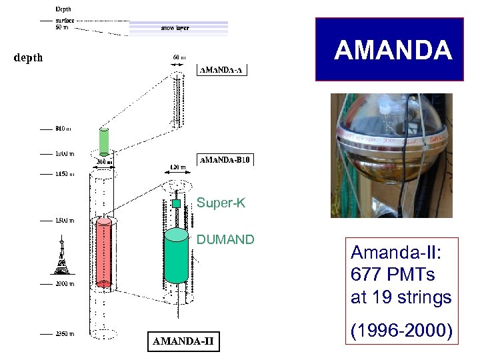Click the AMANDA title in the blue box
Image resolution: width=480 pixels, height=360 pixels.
[x=393, y=51]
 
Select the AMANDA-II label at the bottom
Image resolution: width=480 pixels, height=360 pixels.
[x=183, y=341]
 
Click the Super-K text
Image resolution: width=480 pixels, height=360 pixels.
[x=221, y=203]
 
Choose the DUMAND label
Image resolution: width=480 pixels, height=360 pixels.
[x=225, y=239]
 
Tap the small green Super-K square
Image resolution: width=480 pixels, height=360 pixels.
[x=177, y=203]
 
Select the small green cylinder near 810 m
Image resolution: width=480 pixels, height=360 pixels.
[x=103, y=141]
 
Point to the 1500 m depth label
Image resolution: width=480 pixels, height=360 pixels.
[x=63, y=220]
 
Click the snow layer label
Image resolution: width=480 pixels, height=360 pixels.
[x=174, y=28]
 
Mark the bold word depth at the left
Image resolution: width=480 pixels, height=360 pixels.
[x=28, y=57]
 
